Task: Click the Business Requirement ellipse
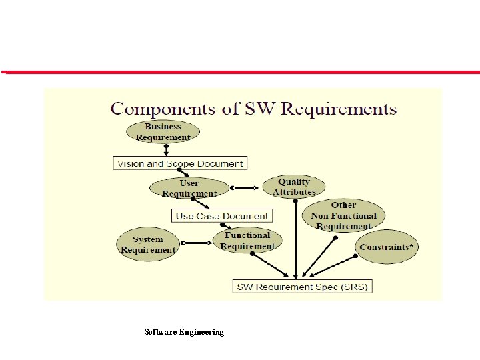point(163,131)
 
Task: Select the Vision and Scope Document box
point(180,163)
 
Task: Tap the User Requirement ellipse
point(189,187)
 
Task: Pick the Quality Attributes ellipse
point(294,186)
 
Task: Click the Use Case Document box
point(222,216)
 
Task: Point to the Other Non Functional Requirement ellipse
point(343,215)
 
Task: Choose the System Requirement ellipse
point(147,244)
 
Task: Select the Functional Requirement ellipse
point(247,240)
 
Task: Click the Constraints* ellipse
point(387,247)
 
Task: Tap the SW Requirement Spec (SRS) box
point(302,287)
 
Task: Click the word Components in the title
point(159,109)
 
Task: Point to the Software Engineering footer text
point(184,331)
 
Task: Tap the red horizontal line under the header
point(240,72)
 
